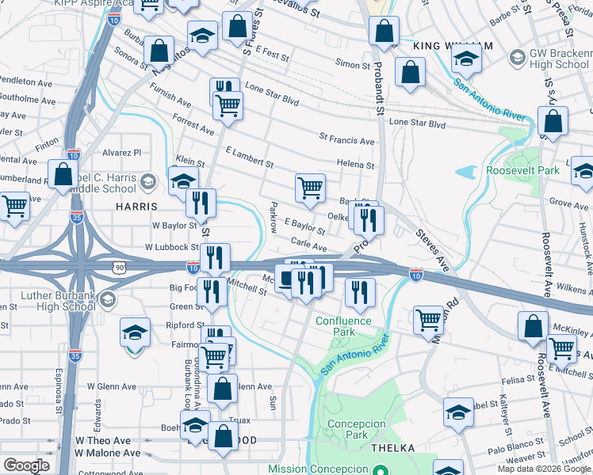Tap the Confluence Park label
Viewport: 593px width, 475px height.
click(x=343, y=326)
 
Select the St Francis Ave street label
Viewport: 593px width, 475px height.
click(x=346, y=141)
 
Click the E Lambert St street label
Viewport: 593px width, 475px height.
click(x=249, y=157)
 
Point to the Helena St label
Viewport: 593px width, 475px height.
click(x=354, y=165)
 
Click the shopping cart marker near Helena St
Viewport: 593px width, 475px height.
click(x=310, y=188)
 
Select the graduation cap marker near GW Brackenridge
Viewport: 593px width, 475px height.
click(x=467, y=59)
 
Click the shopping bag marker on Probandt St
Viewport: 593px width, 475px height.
click(x=384, y=32)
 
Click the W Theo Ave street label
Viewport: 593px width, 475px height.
click(x=102, y=440)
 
